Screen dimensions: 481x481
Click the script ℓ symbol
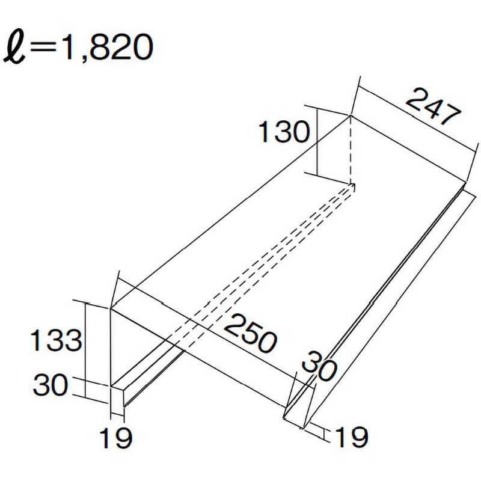14,47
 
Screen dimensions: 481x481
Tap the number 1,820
107,47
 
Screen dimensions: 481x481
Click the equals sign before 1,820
43,47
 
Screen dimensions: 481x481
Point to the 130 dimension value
284,132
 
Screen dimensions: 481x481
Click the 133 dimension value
56,340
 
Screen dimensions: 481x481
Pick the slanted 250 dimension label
251,333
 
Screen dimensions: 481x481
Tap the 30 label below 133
51,385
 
